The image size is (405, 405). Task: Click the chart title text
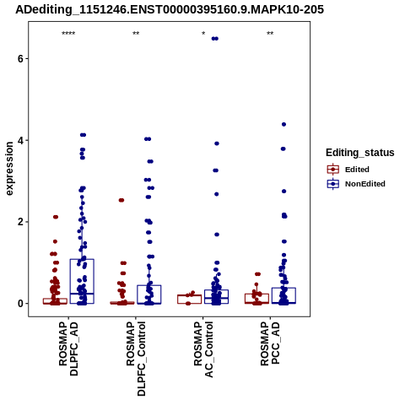click(x=170, y=10)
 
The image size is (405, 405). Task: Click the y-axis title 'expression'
click(x=9, y=169)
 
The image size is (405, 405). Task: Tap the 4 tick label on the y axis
click(x=19, y=140)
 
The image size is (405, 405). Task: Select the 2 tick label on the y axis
click(x=19, y=222)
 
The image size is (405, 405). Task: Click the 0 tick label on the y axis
click(x=19, y=304)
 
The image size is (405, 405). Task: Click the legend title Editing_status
click(x=360, y=153)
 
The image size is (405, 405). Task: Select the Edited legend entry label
click(x=357, y=170)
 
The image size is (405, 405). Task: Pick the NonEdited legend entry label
click(x=365, y=184)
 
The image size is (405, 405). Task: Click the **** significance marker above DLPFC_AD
click(x=68, y=34)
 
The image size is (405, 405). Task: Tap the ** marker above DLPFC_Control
click(x=136, y=34)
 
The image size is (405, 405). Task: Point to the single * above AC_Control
click(x=203, y=34)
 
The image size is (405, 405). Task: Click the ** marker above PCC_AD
click(x=270, y=34)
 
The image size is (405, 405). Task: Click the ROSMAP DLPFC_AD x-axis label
click(x=68, y=348)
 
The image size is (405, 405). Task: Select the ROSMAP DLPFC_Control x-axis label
click(x=136, y=359)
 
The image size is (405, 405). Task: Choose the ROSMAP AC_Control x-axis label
click(x=203, y=349)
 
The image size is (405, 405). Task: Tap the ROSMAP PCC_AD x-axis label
click(x=270, y=343)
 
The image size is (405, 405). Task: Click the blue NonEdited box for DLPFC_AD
click(x=82, y=259)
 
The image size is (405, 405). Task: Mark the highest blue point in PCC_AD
click(x=283, y=124)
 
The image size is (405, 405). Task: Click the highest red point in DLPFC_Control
click(x=121, y=200)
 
